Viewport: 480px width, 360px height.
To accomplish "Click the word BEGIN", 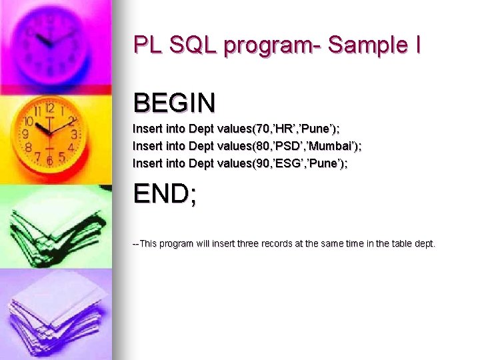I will click(174, 103).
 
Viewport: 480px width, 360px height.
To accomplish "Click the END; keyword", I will click(165, 194).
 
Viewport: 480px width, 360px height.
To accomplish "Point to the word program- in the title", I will click(273, 47).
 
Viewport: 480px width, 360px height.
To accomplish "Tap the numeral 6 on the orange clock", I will click(49, 161).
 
